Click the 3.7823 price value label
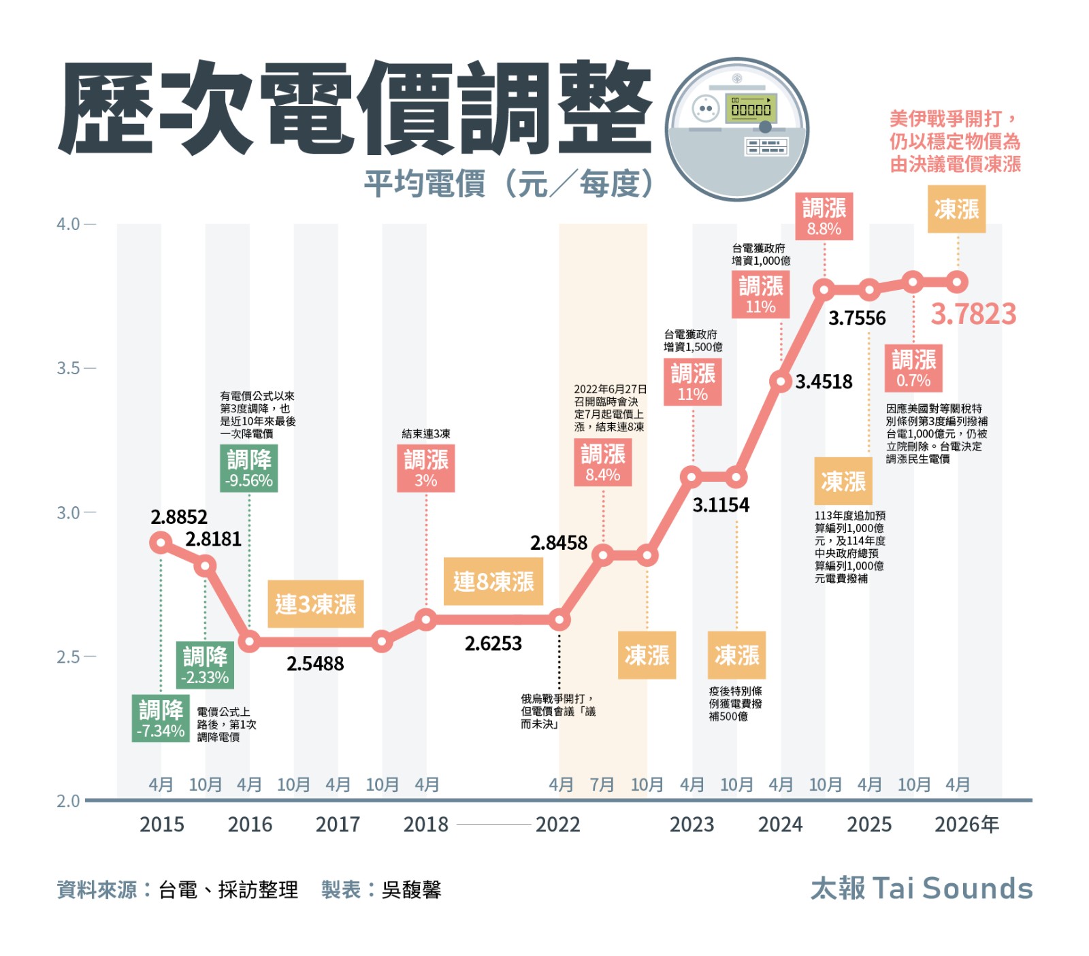click(x=973, y=314)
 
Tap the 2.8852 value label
click(x=179, y=517)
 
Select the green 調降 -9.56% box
click(x=249, y=468)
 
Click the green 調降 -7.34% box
click(x=161, y=719)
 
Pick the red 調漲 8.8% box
click(x=824, y=216)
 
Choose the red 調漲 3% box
click(x=426, y=468)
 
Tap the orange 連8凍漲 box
click(x=493, y=582)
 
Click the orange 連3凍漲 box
click(x=315, y=604)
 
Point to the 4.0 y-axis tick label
click(x=68, y=224)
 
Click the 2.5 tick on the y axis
click(x=68, y=657)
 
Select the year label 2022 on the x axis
click(x=557, y=825)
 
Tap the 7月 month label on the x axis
click(x=602, y=785)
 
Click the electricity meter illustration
click(x=737, y=129)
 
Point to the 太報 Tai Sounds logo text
click(x=922, y=889)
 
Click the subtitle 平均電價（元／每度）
click(x=508, y=184)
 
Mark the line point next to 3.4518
click(x=781, y=381)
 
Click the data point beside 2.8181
click(x=205, y=565)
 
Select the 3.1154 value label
click(x=721, y=505)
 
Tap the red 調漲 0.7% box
click(x=913, y=368)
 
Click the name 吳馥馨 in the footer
click(x=411, y=889)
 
